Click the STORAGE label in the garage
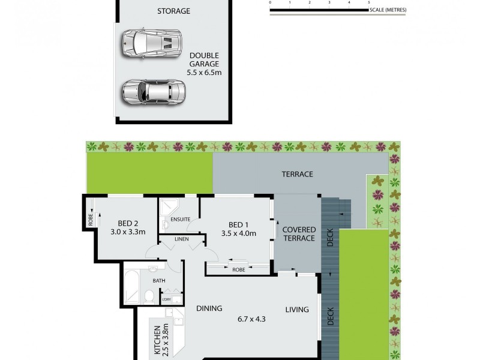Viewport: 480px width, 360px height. (x=173, y=11)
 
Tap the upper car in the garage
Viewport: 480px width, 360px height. (x=151, y=43)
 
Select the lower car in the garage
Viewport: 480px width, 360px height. (x=153, y=92)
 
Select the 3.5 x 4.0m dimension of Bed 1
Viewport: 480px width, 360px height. (x=238, y=233)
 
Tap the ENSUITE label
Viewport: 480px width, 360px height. (x=180, y=220)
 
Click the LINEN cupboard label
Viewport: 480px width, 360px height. (x=181, y=239)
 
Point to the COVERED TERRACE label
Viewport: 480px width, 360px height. (x=298, y=234)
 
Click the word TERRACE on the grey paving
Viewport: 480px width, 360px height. (x=298, y=175)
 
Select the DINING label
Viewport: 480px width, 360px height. (x=209, y=308)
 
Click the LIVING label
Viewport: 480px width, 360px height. (x=297, y=310)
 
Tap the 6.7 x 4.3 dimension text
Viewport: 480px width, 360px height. (x=252, y=319)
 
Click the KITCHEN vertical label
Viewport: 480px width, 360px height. (x=157, y=340)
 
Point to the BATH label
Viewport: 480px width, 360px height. (x=158, y=280)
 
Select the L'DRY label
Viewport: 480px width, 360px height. (x=166, y=298)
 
